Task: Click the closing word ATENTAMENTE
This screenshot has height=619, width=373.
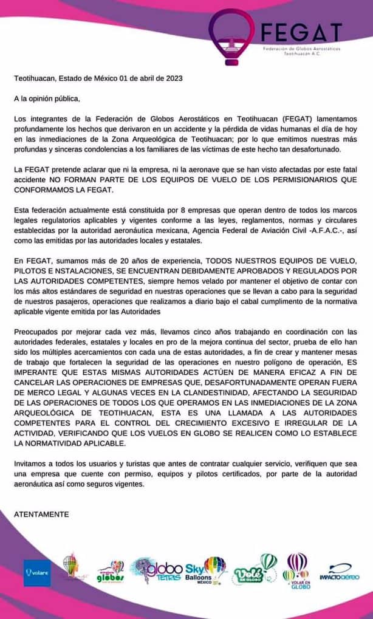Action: pyautogui.click(x=41, y=514)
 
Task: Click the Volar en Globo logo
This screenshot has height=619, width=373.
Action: pyautogui.click(x=298, y=571)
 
